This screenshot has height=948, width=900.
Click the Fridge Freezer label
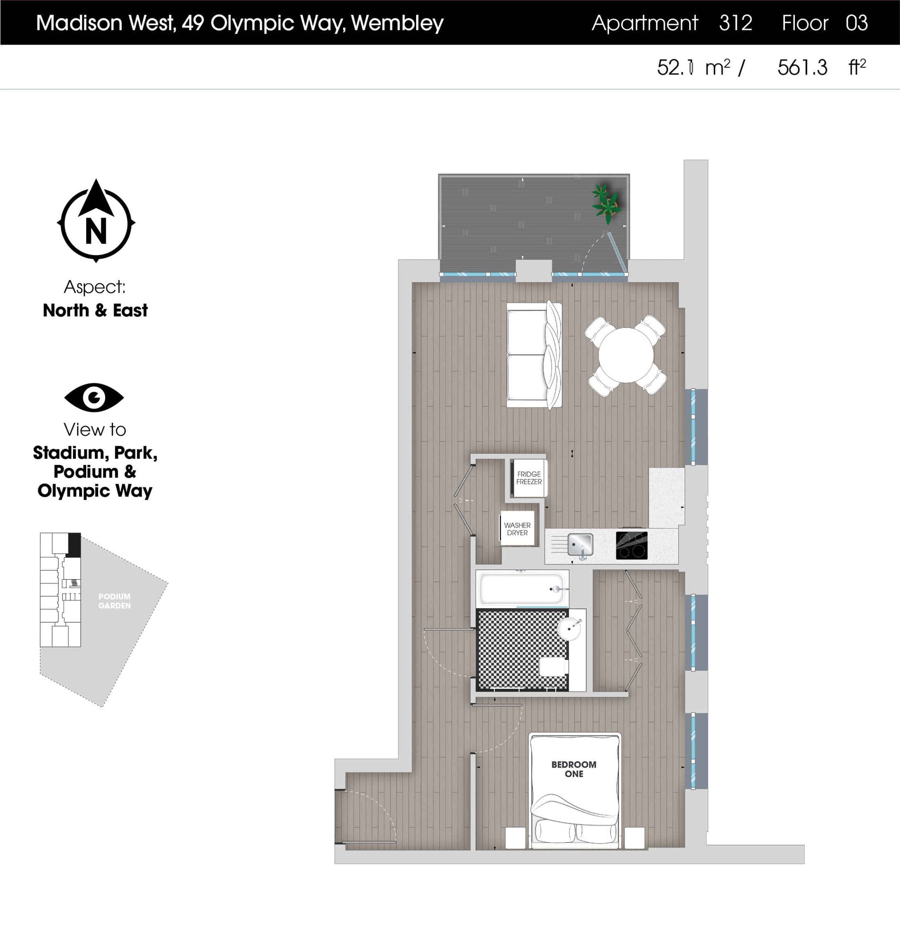pyautogui.click(x=529, y=478)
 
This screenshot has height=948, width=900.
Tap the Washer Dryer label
pyautogui.click(x=517, y=529)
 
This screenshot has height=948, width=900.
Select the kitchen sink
pyautogui.click(x=581, y=545)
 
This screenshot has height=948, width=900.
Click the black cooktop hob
pyautogui.click(x=632, y=546)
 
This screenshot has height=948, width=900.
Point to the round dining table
pyautogui.click(x=626, y=355)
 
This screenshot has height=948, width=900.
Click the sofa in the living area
pyautogui.click(x=534, y=355)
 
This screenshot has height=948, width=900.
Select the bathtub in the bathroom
pyautogui.click(x=522, y=589)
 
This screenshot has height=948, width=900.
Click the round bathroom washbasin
pyautogui.click(x=570, y=627)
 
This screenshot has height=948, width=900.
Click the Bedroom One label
pyautogui.click(x=574, y=769)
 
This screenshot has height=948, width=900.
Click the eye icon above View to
pyautogui.click(x=94, y=397)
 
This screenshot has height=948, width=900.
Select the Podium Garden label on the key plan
pyautogui.click(x=114, y=601)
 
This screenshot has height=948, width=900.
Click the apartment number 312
pyautogui.click(x=736, y=23)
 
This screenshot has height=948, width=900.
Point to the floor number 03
pyautogui.click(x=856, y=23)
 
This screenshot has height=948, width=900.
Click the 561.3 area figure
pyautogui.click(x=802, y=68)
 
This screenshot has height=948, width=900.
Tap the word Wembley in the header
pyautogui.click(x=397, y=23)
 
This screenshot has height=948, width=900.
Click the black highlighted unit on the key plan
pyautogui.click(x=74, y=544)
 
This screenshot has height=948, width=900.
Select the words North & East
pyautogui.click(x=95, y=310)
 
